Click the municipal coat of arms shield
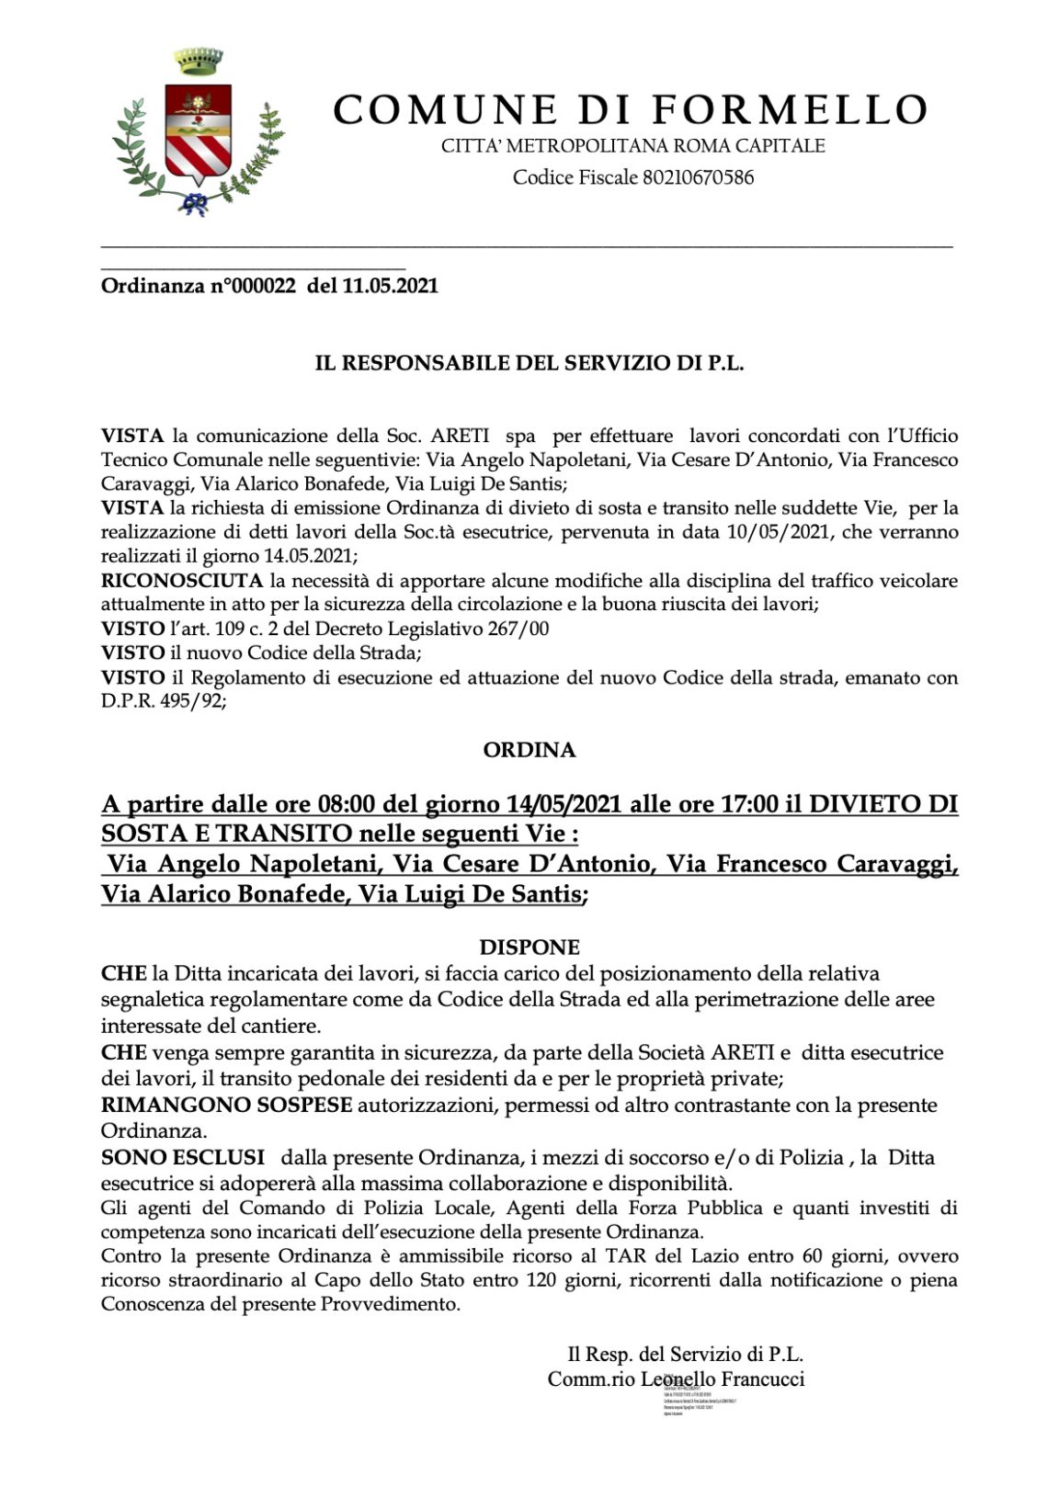click(197, 133)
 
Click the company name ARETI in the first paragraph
click(452, 436)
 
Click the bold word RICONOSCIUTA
click(182, 581)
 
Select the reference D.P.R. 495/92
click(163, 701)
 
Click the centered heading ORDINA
click(529, 750)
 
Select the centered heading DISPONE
click(529, 948)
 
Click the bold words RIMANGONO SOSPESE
click(226, 1105)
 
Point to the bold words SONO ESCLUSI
click(182, 1158)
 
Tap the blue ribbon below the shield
click(194, 204)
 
